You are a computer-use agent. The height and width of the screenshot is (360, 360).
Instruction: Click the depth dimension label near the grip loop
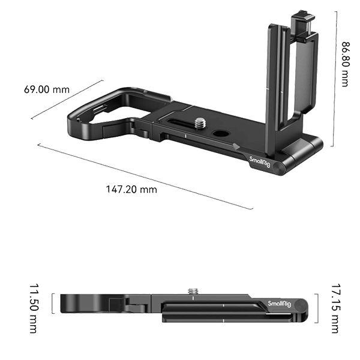46,90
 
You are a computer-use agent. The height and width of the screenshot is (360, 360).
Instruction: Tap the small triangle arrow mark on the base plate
237,146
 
